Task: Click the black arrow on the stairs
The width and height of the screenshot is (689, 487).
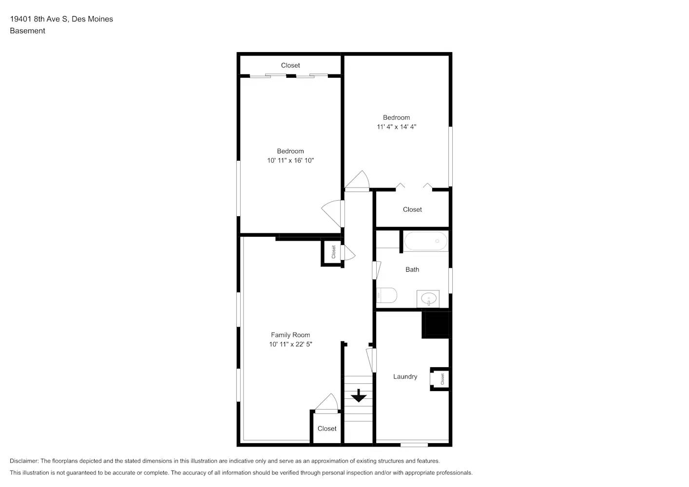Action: point(359,395)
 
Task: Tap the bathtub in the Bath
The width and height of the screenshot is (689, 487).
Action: point(426,241)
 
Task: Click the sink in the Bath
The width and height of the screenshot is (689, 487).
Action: point(428,299)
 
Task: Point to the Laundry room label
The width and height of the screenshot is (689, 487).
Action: point(405,376)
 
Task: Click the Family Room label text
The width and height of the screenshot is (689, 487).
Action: point(290,335)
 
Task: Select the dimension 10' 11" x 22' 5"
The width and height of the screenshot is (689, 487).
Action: point(290,344)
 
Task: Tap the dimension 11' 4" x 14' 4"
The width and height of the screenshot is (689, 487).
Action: point(396,127)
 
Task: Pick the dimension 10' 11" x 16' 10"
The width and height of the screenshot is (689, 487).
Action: point(290,160)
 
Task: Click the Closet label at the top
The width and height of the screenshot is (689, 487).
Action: point(290,65)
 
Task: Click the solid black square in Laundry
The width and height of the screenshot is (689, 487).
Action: point(436,324)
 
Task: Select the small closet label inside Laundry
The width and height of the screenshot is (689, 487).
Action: point(442,378)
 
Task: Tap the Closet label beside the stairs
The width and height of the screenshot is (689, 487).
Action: point(327,429)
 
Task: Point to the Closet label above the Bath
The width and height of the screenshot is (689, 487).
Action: point(412,209)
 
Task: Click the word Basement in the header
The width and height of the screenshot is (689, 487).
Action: point(27,31)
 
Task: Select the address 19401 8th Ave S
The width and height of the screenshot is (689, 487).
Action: point(39,19)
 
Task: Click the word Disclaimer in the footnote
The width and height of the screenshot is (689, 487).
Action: point(24,461)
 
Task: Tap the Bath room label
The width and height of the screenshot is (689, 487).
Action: point(412,269)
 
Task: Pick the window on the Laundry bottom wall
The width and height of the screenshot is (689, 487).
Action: point(414,444)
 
